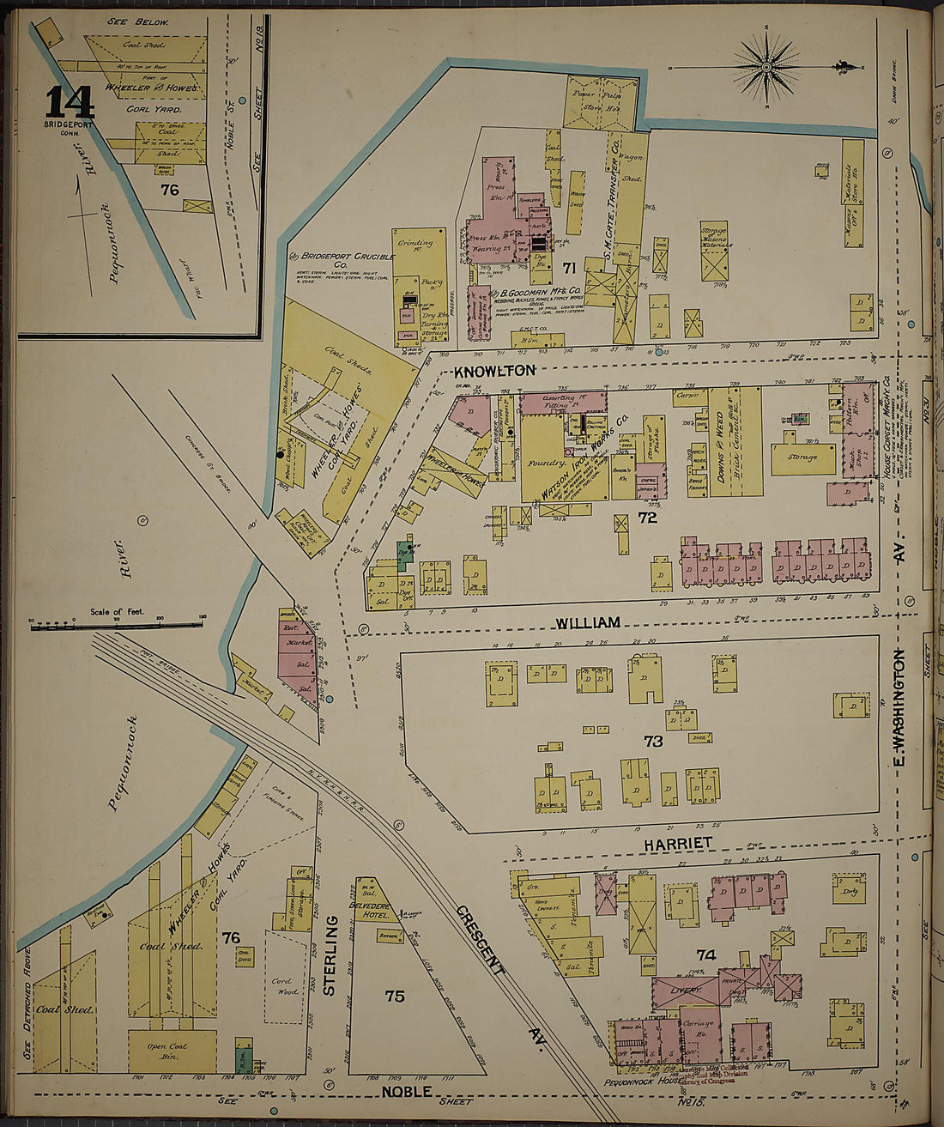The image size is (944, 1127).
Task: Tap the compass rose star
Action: point(767,65)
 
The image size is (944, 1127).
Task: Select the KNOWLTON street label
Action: point(494,371)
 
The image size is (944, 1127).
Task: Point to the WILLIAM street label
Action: point(587,622)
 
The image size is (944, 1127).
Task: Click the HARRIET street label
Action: point(679,844)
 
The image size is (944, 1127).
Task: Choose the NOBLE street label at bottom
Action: point(407,1092)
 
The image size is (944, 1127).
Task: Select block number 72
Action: point(647,518)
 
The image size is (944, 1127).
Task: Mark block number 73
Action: point(653,741)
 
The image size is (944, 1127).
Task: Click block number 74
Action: point(705,954)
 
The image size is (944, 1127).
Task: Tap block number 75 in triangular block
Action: point(394,996)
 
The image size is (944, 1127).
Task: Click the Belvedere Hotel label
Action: point(370,910)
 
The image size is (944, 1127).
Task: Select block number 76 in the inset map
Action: point(170,189)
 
